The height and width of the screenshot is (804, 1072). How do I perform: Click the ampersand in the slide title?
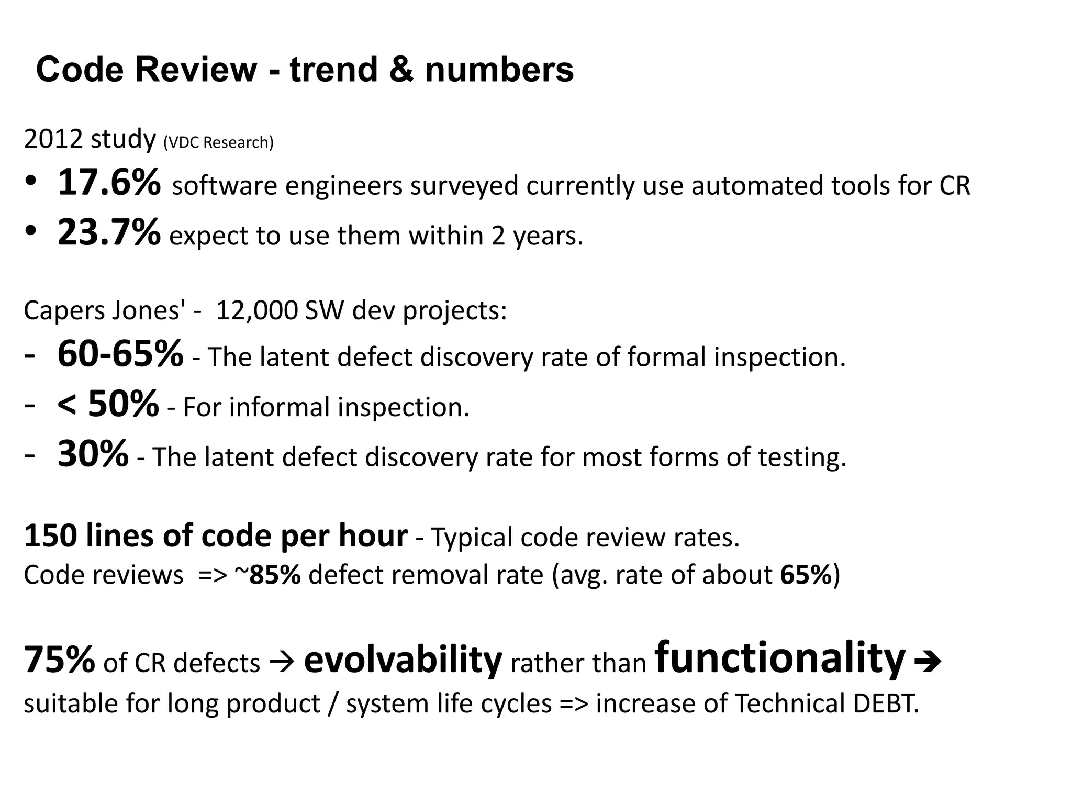click(401, 70)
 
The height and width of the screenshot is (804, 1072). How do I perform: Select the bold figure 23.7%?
click(109, 233)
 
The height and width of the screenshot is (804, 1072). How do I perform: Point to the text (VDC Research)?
click(218, 142)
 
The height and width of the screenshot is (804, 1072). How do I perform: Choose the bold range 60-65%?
click(120, 354)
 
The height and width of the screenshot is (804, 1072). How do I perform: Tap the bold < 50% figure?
click(108, 404)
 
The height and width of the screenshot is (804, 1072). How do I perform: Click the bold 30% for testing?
click(93, 454)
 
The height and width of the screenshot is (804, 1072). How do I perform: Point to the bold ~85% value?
click(268, 575)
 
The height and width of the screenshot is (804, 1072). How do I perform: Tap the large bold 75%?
click(60, 660)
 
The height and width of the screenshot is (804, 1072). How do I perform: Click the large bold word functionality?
click(780, 657)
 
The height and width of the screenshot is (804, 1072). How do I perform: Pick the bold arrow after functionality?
click(928, 662)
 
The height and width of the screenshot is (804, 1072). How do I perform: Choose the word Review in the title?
click(196, 70)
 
